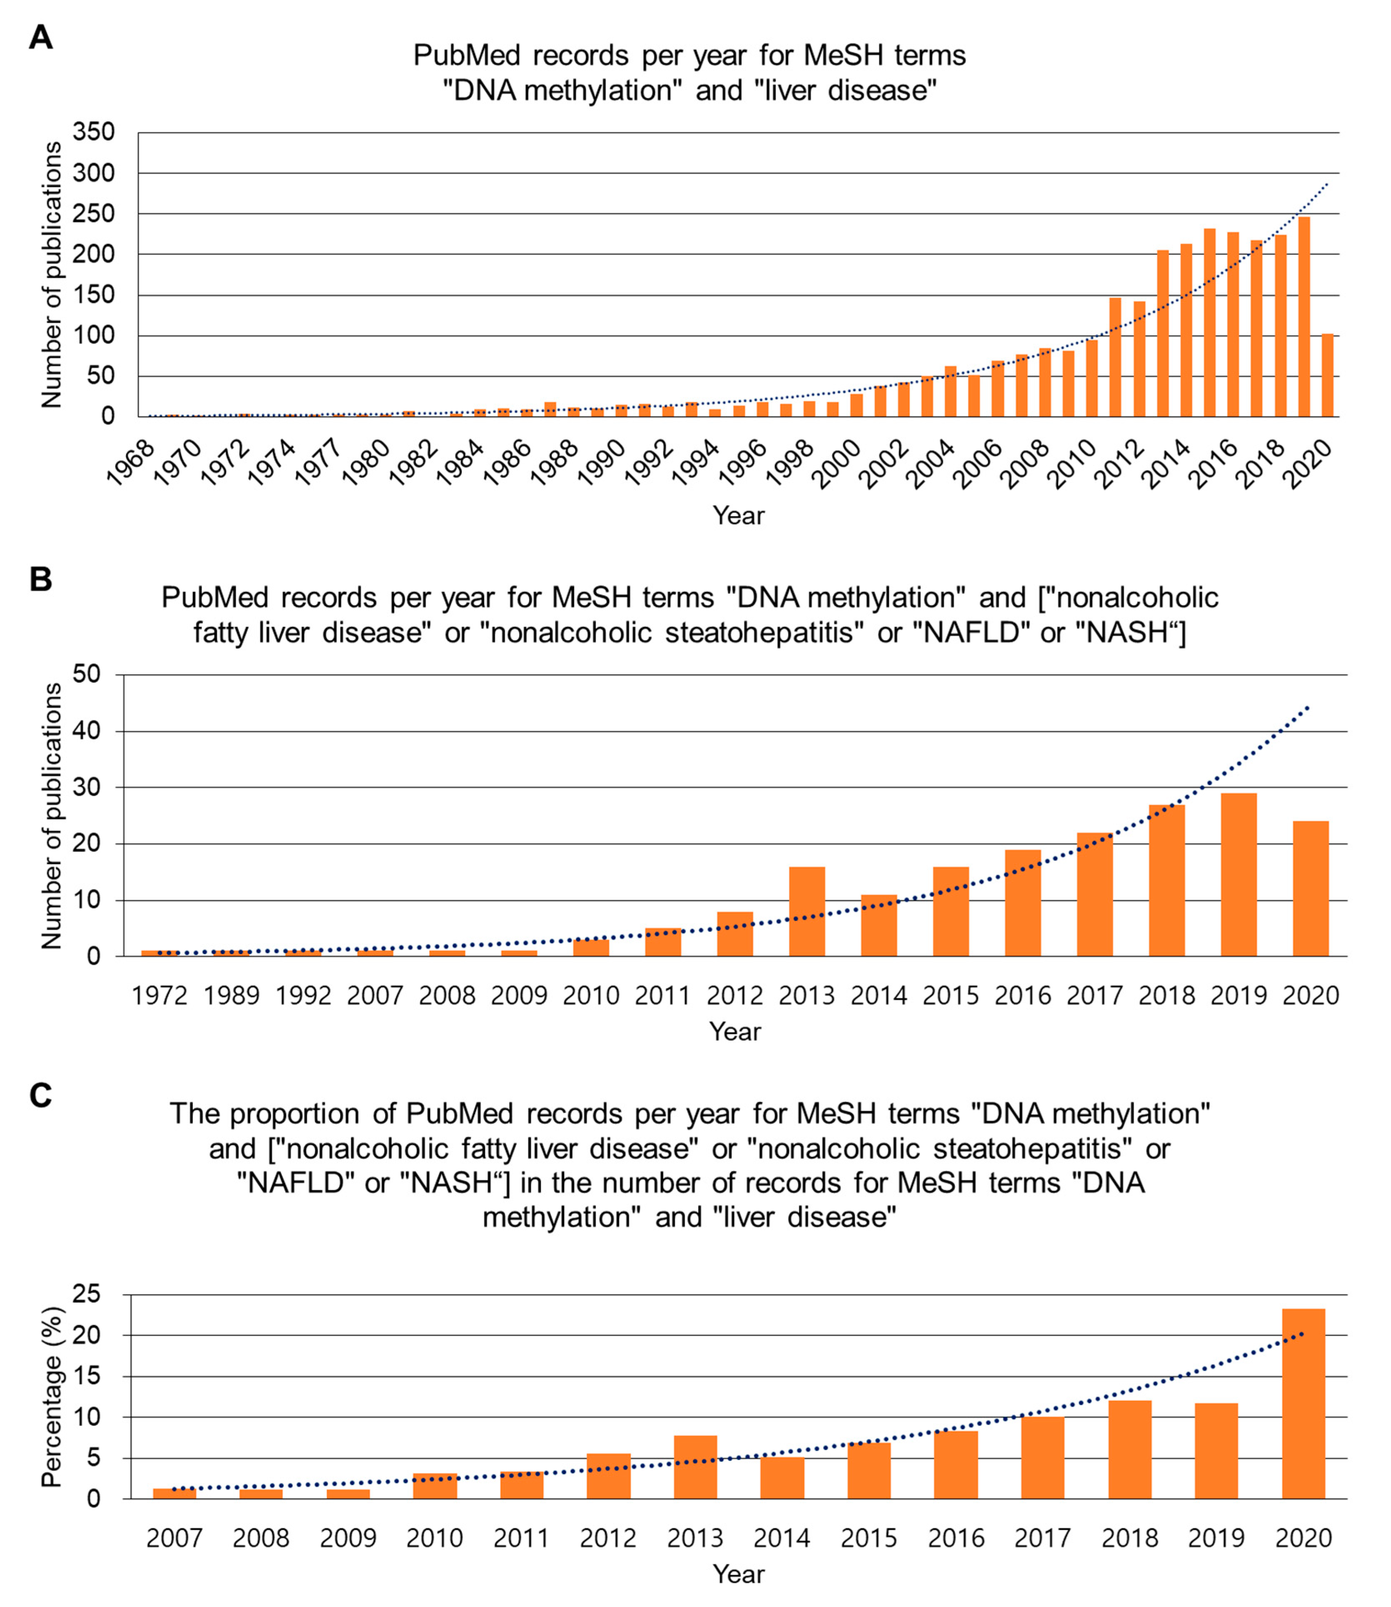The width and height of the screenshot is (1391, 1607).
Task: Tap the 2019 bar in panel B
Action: pyautogui.click(x=1239, y=875)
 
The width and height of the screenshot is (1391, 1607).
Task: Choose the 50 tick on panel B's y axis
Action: pyautogui.click(x=87, y=674)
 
